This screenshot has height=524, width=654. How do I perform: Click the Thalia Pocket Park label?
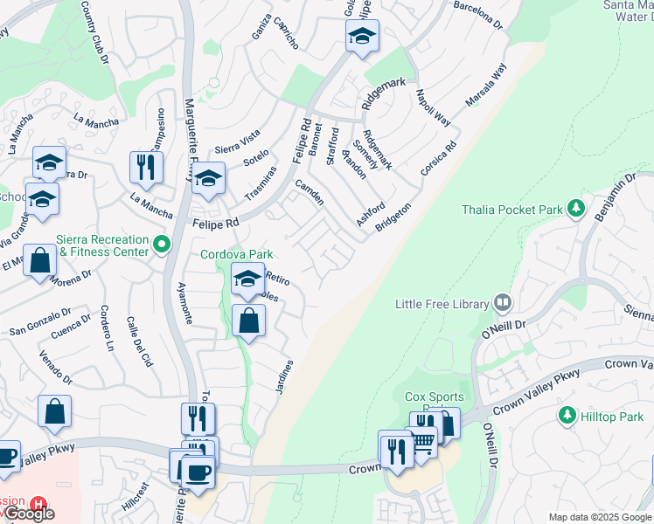point(511,209)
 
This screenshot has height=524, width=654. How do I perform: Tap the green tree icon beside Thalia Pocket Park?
point(575,208)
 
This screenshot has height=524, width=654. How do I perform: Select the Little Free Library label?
point(442,304)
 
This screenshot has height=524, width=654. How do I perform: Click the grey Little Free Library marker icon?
point(503,304)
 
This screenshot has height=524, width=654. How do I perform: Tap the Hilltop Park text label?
point(612,417)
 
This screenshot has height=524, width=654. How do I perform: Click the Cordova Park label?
point(232,254)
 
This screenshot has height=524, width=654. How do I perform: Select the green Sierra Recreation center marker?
point(161,244)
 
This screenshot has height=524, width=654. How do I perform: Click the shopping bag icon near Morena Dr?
point(40,259)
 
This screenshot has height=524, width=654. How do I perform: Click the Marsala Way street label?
point(486,86)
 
